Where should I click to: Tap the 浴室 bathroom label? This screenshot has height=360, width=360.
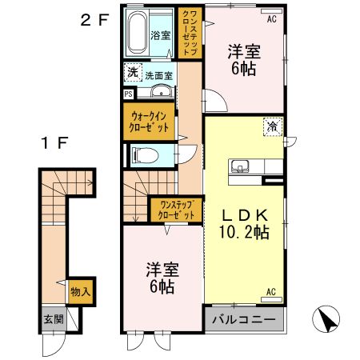tap(160, 35)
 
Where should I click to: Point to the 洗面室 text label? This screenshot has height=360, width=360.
tap(158, 75)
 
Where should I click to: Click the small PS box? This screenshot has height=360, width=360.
tap(129, 94)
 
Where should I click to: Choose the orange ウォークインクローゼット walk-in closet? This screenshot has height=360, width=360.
tap(150, 122)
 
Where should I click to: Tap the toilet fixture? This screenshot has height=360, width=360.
tap(146, 154)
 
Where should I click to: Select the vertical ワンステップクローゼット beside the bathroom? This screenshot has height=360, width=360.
tap(188, 34)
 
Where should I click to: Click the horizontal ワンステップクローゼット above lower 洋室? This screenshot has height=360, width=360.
tap(176, 210)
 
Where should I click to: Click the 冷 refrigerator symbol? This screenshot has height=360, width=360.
tap(271, 125)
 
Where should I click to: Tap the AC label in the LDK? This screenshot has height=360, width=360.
tap(270, 292)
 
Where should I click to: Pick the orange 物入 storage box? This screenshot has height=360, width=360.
tap(80, 293)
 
